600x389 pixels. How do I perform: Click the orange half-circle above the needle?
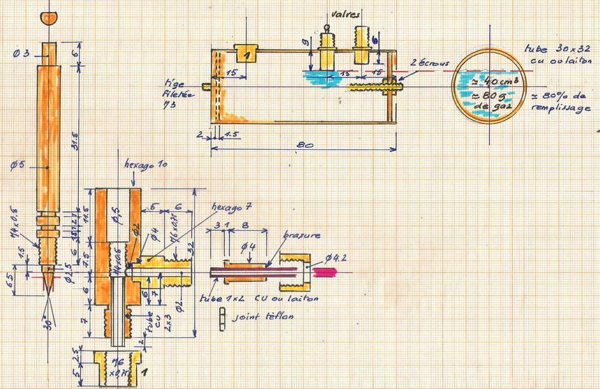(50, 17)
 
